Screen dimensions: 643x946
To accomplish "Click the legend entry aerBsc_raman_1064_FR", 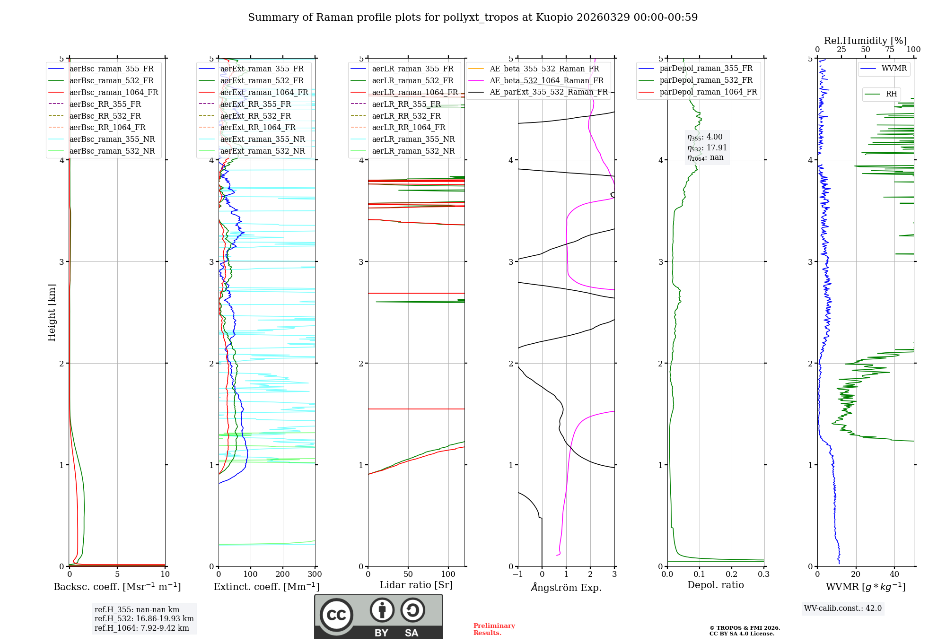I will tap(114, 93).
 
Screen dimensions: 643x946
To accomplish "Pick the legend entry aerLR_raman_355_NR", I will tap(413, 139).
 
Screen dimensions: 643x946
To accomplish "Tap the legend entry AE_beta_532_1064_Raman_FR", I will tap(546, 80).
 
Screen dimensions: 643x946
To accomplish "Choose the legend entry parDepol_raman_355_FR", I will tap(706, 69).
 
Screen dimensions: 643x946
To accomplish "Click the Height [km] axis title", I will tap(52, 313).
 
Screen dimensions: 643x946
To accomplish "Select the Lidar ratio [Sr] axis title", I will tap(416, 585).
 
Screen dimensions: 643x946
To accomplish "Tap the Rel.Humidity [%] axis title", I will tap(865, 41).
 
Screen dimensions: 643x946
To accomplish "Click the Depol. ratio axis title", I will tap(715, 585).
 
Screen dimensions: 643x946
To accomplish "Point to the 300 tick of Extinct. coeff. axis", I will tap(315, 574).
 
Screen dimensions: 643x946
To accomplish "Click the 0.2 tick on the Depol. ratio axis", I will tap(732, 574).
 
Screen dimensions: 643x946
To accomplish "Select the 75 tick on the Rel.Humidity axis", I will tap(890, 50).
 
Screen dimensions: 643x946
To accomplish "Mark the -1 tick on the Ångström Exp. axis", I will tap(517, 574).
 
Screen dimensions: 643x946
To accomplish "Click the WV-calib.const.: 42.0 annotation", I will tap(843, 608).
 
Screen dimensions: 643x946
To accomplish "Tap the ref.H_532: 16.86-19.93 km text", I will tap(144, 619).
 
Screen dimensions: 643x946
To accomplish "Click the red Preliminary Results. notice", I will tap(494, 629).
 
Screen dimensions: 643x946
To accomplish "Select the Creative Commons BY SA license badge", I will tap(378, 617).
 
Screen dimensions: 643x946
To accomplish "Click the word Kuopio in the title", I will tap(552, 17).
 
